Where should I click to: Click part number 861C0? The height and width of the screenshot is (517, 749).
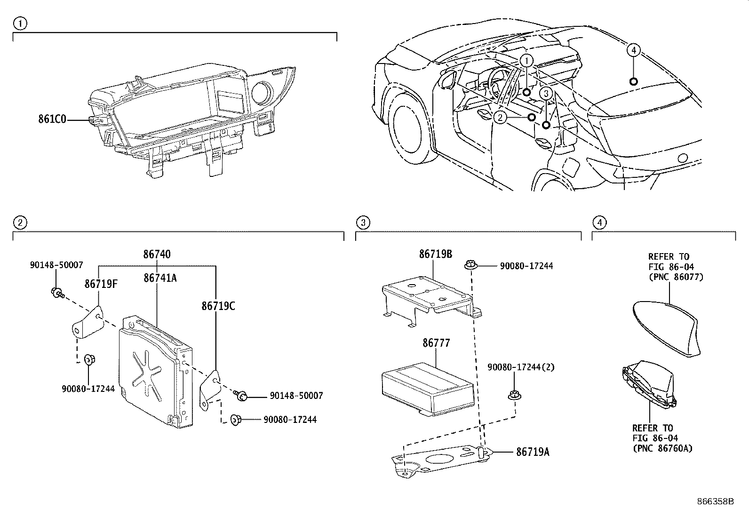click(52, 119)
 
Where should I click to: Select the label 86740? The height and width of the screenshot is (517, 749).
click(157, 255)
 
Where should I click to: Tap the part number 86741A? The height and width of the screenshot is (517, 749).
click(160, 278)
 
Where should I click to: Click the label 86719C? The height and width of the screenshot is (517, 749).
click(218, 306)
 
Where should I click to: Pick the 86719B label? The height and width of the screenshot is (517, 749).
click(436, 254)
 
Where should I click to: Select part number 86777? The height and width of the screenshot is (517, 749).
click(436, 343)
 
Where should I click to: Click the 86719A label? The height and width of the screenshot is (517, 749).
click(533, 452)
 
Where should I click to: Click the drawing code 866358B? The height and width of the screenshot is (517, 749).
click(715, 501)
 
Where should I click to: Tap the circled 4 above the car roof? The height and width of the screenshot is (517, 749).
click(633, 50)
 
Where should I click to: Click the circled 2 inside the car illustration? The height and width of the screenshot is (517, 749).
click(500, 117)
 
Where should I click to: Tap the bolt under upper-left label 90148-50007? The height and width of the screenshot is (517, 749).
click(56, 293)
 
